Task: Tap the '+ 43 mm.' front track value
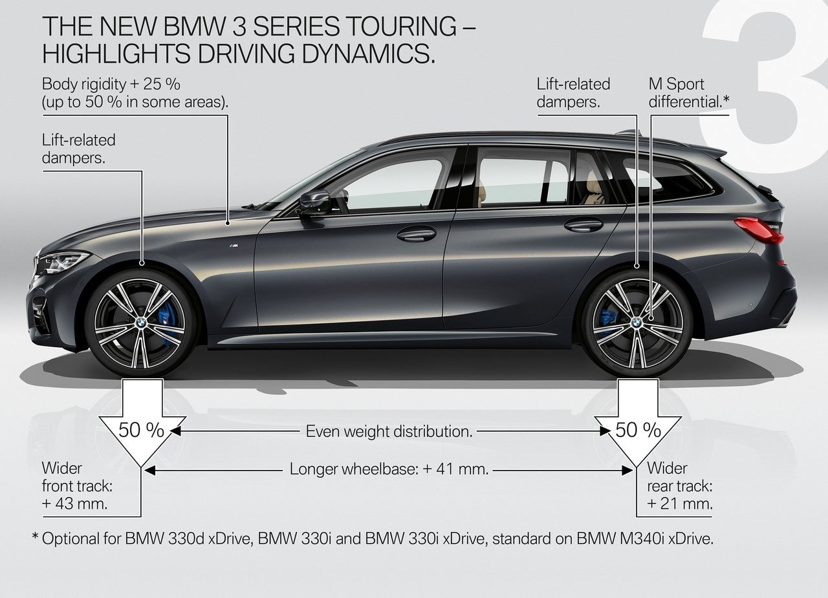pyautogui.click(x=74, y=504)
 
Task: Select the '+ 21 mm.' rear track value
pyautogui.click(x=680, y=504)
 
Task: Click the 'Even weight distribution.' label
pyautogui.click(x=389, y=431)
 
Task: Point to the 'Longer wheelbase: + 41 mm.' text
pyautogui.click(x=389, y=469)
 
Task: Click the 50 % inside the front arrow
pyautogui.click(x=141, y=430)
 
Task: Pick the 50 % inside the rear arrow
pyautogui.click(x=638, y=430)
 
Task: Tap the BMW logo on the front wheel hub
pyautogui.click(x=141, y=323)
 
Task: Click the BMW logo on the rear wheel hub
pyautogui.click(x=637, y=323)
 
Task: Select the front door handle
pyautogui.click(x=416, y=234)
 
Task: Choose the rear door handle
pyautogui.click(x=583, y=224)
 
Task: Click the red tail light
pyautogui.click(x=759, y=230)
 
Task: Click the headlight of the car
pyautogui.click(x=63, y=262)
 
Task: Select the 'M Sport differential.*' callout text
pyautogui.click(x=689, y=92)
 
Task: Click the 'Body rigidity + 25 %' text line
pyautogui.click(x=111, y=84)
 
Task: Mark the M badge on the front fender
pyautogui.click(x=234, y=246)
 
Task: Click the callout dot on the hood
pyautogui.click(x=228, y=223)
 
